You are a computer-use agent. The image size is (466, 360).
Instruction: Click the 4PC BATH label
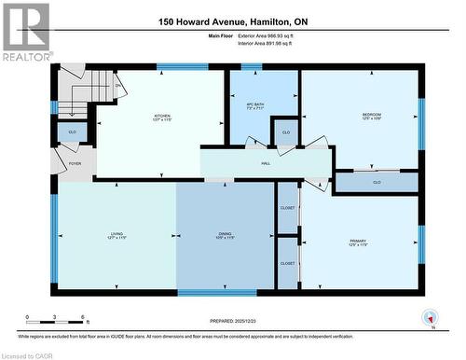point(254,106)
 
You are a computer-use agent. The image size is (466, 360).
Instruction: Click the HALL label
point(266,161)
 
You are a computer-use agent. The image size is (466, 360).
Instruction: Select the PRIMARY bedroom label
point(359,242)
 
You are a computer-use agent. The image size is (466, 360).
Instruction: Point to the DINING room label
point(225,237)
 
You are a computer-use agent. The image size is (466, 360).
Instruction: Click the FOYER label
point(75,164)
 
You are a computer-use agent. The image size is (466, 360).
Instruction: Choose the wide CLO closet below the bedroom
point(377,183)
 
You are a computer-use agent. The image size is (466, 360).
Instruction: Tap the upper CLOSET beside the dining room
point(287,208)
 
